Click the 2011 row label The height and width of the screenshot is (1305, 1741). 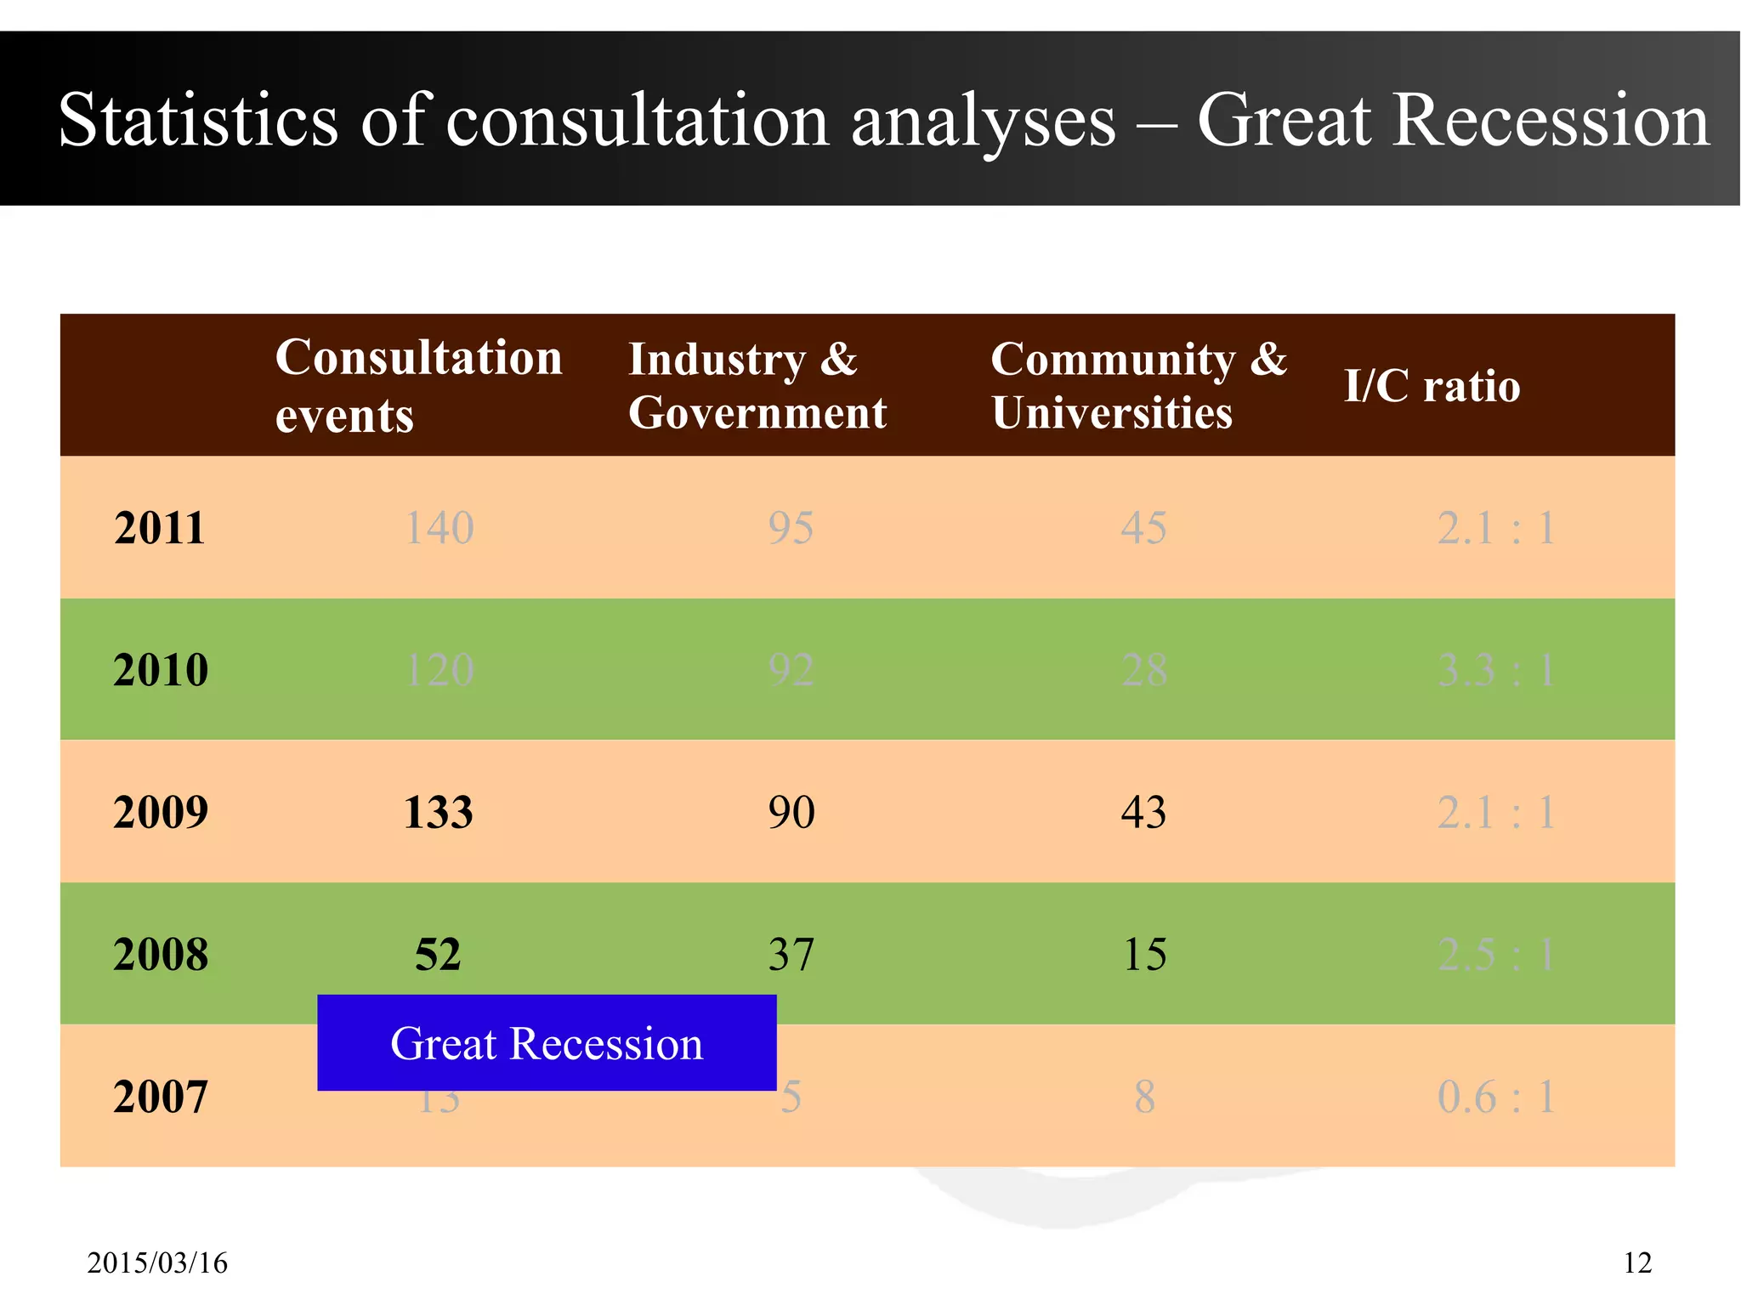pyautogui.click(x=160, y=528)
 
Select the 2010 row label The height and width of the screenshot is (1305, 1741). pyautogui.click(x=161, y=670)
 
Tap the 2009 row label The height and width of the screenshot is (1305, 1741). pyautogui.click(x=161, y=812)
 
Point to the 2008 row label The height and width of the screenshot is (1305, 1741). pyautogui.click(x=161, y=954)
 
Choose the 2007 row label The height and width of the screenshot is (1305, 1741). pyautogui.click(x=161, y=1097)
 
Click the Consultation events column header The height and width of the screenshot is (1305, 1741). pyautogui.click(x=418, y=385)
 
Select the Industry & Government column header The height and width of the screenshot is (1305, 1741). pyautogui.click(x=757, y=385)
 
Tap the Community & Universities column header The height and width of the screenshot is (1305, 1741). pyautogui.click(x=1138, y=385)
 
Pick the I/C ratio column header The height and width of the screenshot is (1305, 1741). pyautogui.click(x=1432, y=386)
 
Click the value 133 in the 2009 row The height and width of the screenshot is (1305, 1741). pyautogui.click(x=438, y=812)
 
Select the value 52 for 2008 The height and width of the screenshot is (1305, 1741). pyautogui.click(x=438, y=954)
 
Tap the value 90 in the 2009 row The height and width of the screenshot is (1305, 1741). pyautogui.click(x=791, y=812)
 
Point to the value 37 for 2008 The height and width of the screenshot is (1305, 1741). pyautogui.click(x=791, y=954)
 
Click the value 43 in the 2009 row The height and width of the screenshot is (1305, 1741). pyautogui.click(x=1143, y=812)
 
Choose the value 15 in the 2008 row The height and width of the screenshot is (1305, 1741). pyautogui.click(x=1144, y=954)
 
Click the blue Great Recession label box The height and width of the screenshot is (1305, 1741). pyautogui.click(x=547, y=1043)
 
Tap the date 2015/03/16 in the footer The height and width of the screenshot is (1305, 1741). pyautogui.click(x=157, y=1263)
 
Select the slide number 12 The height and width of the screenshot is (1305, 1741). pyautogui.click(x=1637, y=1263)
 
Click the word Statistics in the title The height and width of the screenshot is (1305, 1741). pyautogui.click(x=198, y=120)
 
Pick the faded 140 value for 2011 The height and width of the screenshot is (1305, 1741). pyautogui.click(x=439, y=528)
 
